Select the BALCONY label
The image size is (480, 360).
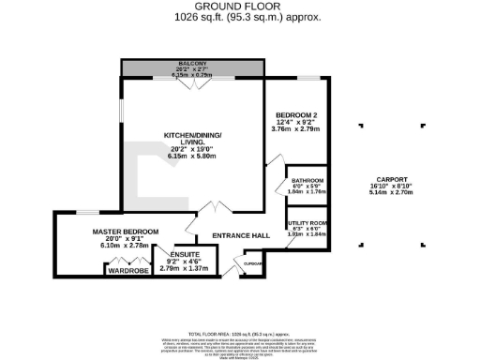click(x=192, y=64)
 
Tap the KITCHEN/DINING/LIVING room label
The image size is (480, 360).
click(x=191, y=140)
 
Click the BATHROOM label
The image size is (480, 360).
click(x=307, y=180)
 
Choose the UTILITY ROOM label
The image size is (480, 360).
click(x=307, y=222)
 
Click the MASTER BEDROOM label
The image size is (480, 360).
click(x=125, y=232)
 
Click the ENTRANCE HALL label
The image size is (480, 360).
click(x=234, y=235)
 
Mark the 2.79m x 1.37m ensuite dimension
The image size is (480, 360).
click(x=182, y=268)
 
